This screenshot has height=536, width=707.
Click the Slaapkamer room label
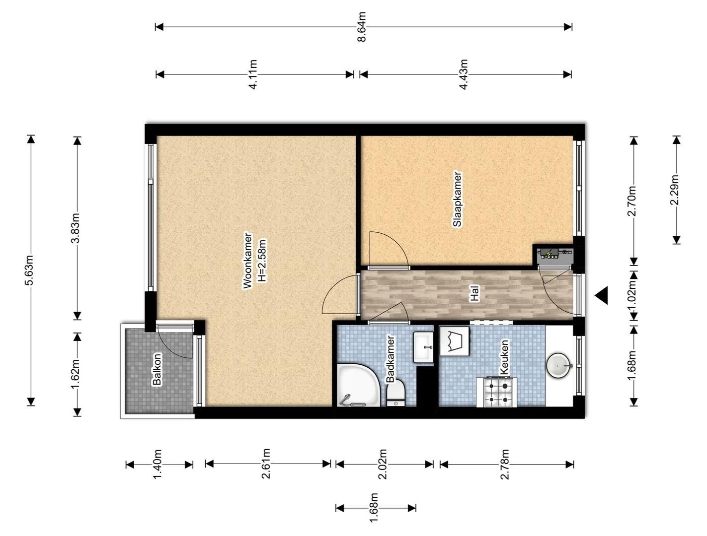(x=457, y=200)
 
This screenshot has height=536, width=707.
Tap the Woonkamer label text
(x=247, y=261)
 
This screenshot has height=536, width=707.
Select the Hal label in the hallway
(x=475, y=293)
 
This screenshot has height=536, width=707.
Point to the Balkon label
(x=157, y=369)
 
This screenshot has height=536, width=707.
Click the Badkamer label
(x=390, y=359)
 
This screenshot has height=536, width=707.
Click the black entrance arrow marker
(x=601, y=295)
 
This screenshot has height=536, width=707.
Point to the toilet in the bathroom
(x=396, y=394)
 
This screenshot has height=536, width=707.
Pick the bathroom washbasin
(x=423, y=347)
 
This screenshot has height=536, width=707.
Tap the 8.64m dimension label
(x=362, y=27)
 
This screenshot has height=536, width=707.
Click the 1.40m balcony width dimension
(x=157, y=464)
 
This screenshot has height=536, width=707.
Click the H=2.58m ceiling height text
(x=262, y=261)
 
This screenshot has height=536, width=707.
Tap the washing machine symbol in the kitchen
(x=454, y=341)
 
